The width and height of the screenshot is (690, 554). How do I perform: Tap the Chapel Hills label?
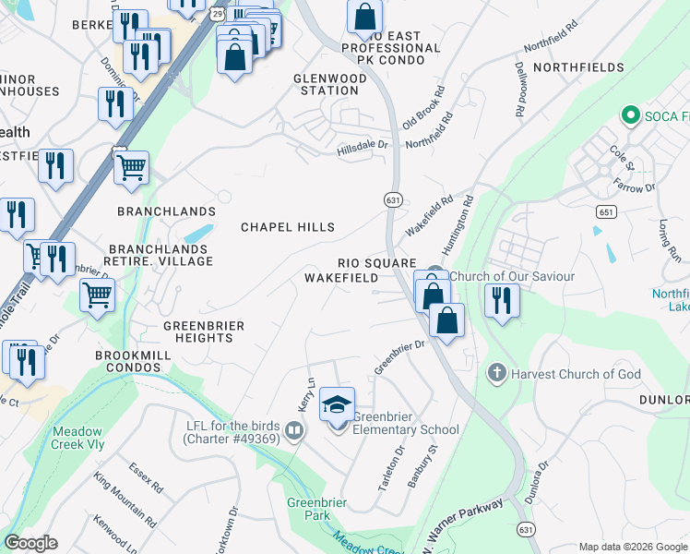click(288, 227)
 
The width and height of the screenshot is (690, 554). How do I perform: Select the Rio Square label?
click(376, 263)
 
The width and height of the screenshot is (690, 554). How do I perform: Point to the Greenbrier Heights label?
click(198, 331)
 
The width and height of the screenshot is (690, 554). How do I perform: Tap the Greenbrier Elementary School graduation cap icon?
click(338, 404)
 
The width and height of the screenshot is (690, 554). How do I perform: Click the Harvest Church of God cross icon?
click(496, 374)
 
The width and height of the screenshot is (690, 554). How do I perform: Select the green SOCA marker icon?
click(631, 115)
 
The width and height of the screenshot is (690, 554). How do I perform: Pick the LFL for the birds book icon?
click(294, 430)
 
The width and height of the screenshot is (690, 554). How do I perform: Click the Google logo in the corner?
click(30, 543)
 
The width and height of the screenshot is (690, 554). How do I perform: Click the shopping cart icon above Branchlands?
click(132, 168)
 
